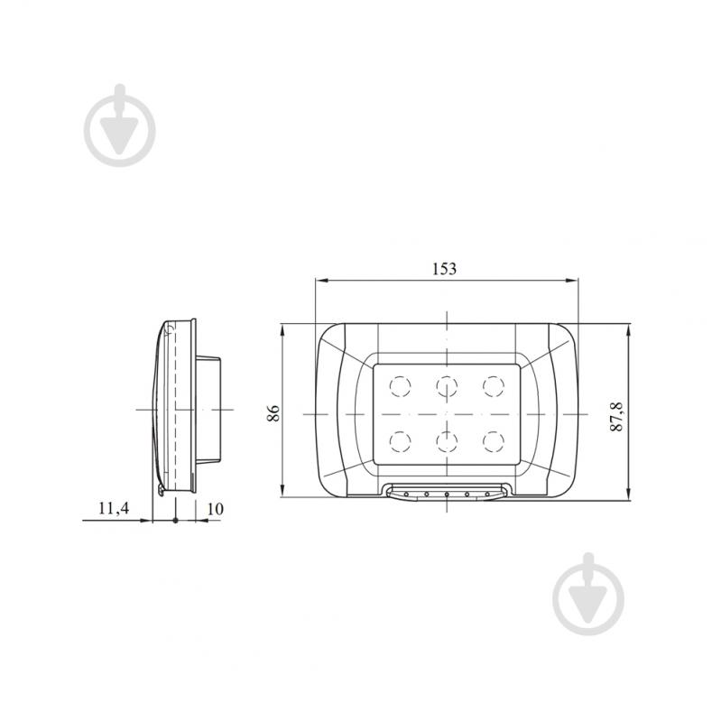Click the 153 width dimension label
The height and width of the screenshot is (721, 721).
pos(445,269)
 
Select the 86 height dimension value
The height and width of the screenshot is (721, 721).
pos(273,413)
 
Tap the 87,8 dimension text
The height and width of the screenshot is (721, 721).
pos(616,417)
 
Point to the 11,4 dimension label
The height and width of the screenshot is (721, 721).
pos(114,508)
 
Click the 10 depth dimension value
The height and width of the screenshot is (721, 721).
pos(215,509)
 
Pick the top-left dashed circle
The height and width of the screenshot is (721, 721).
pos(400,386)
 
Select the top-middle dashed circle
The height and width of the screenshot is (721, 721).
pos(447,386)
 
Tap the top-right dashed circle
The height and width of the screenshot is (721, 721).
pos(494,386)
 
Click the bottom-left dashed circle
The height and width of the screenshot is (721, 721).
pos(400,441)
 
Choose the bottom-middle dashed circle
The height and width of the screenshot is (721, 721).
pos(447,441)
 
